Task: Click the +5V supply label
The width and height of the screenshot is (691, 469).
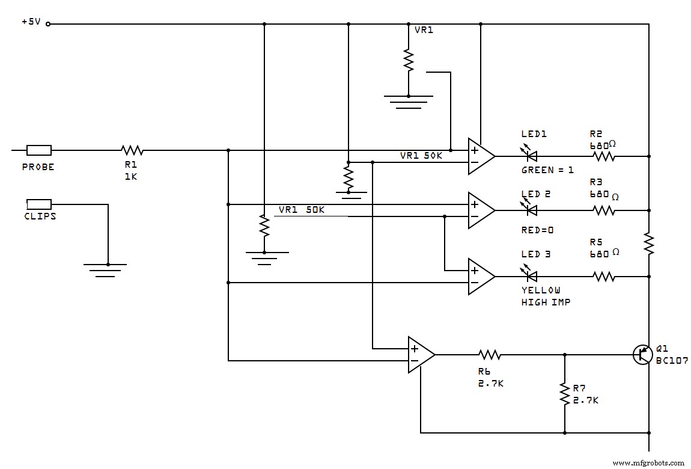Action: [31, 22]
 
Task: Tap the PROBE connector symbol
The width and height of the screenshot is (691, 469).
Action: [39, 150]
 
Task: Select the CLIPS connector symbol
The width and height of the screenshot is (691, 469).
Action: [39, 204]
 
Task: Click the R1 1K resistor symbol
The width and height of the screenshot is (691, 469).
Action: [132, 150]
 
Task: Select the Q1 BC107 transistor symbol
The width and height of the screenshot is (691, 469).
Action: [643, 354]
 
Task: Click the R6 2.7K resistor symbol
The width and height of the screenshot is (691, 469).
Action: [490, 355]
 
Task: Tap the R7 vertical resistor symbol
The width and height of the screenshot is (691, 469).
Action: [564, 393]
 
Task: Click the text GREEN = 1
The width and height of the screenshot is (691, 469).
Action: [547, 170]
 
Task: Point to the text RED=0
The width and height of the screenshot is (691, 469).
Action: [537, 230]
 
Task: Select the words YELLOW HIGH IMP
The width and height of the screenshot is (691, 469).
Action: [545, 296]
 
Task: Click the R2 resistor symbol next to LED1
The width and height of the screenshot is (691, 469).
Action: [604, 156]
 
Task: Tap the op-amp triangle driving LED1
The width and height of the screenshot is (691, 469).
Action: [480, 156]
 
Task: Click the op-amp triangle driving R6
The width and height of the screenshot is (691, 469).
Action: [420, 355]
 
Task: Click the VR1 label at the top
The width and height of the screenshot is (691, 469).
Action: [424, 29]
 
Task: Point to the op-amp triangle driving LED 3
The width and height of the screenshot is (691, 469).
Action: [480, 277]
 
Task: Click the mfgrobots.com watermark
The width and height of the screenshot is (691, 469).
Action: [648, 463]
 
